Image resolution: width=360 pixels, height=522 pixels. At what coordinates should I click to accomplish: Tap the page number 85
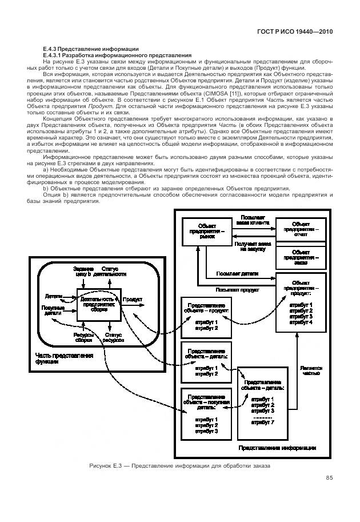(329, 478)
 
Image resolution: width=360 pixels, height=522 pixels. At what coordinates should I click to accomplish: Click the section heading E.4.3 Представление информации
(87, 48)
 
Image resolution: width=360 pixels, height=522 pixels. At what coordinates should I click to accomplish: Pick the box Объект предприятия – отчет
(301, 229)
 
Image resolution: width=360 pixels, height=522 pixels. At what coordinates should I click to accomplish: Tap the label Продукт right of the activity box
(133, 299)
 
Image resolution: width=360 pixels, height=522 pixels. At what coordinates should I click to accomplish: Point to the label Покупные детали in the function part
(52, 310)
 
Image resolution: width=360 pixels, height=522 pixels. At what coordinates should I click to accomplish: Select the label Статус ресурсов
(113, 338)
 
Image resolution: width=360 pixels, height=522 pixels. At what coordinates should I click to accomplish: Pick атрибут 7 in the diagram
(262, 422)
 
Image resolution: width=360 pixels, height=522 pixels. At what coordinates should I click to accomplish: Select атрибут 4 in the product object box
(301, 323)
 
